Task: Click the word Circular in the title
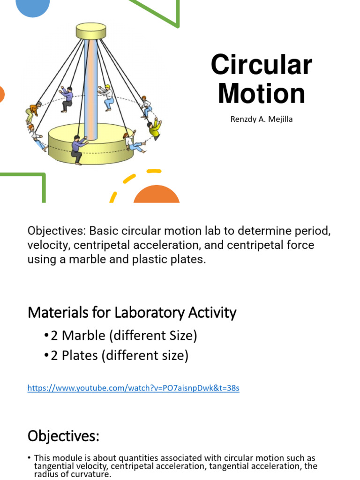[261, 65]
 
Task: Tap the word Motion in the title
[261, 93]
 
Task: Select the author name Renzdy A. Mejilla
[262, 119]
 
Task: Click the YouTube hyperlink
[133, 388]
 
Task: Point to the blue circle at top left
[33, 7]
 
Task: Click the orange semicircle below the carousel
[157, 194]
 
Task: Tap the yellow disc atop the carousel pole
[92, 31]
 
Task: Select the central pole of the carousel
[92, 84]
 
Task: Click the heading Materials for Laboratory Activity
[132, 312]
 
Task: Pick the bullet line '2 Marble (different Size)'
[120, 336]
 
